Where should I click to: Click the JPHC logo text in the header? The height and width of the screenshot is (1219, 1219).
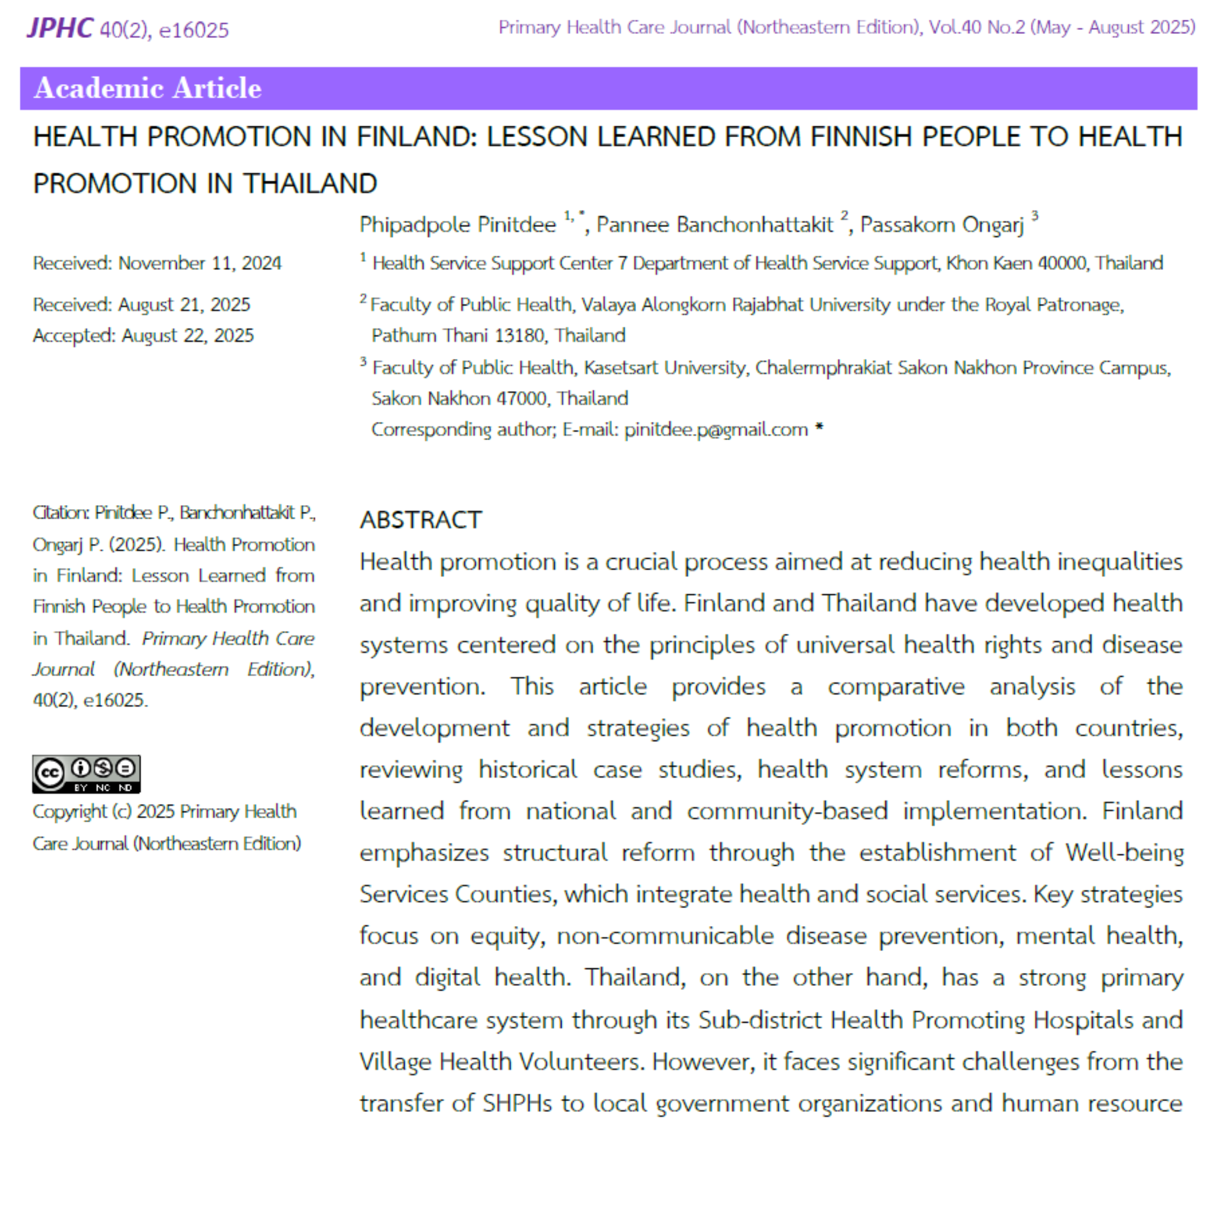click(59, 28)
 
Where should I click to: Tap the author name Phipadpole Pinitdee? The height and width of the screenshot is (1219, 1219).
click(458, 225)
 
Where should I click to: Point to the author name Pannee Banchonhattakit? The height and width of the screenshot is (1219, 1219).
click(715, 225)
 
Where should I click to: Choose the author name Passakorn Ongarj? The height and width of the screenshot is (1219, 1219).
click(941, 225)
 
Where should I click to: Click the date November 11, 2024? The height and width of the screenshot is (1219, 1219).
click(199, 263)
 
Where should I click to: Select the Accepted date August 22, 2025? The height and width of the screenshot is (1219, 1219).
click(187, 336)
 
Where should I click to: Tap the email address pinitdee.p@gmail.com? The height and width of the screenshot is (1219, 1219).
click(716, 429)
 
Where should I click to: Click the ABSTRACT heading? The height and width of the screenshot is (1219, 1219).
click(421, 520)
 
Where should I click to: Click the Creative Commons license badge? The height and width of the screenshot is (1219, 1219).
click(86, 774)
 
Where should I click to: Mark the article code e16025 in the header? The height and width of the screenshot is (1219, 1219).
click(194, 30)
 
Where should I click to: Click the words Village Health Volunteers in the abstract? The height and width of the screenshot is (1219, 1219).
click(502, 1062)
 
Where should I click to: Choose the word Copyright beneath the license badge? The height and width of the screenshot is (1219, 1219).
click(69, 812)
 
